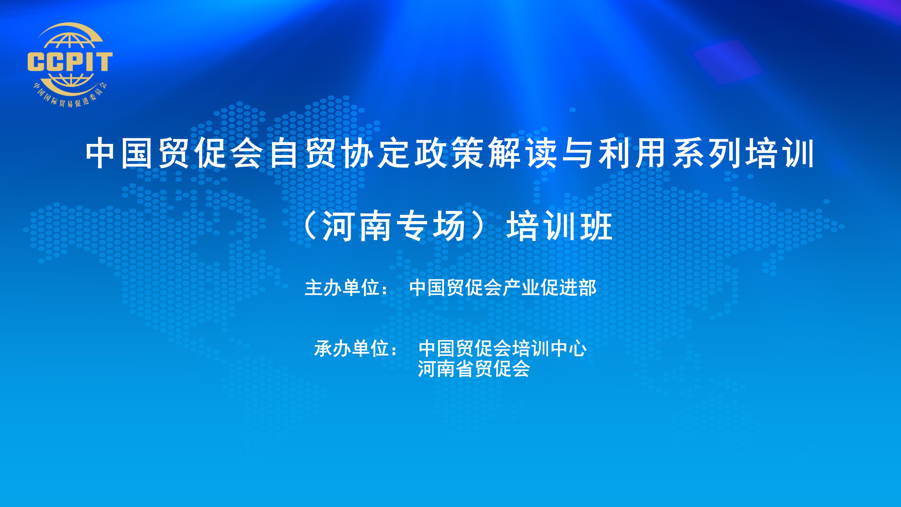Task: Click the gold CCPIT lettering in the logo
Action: pos(70,62)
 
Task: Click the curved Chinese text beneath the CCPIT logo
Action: pos(70,96)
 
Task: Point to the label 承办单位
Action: pos(351,349)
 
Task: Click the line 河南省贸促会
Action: pos(474,369)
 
